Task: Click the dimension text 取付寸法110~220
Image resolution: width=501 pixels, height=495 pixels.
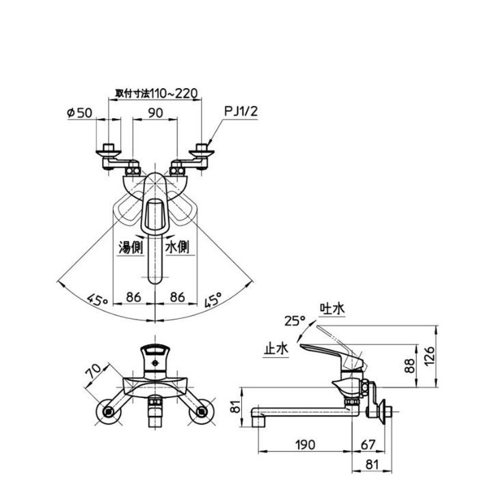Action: click(157, 93)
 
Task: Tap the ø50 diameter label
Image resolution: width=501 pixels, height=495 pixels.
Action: click(79, 113)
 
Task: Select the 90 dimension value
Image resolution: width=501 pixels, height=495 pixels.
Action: click(155, 113)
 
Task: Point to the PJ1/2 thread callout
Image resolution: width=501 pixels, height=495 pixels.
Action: click(241, 111)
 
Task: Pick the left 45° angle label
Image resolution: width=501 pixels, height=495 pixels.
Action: click(98, 300)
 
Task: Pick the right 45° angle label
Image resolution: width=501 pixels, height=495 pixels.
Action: click(213, 300)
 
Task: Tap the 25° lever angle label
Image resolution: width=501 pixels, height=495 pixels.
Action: click(295, 321)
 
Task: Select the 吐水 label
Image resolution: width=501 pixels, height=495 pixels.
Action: click(332, 309)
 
